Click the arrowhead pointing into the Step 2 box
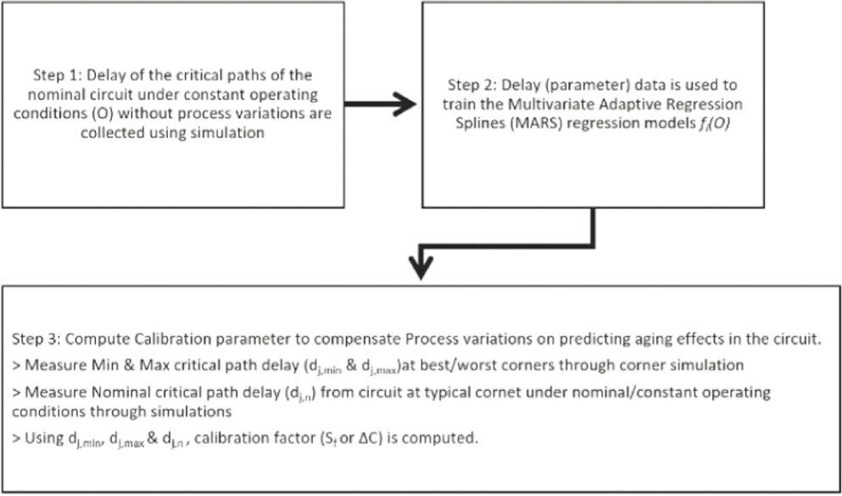click(x=404, y=105)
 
